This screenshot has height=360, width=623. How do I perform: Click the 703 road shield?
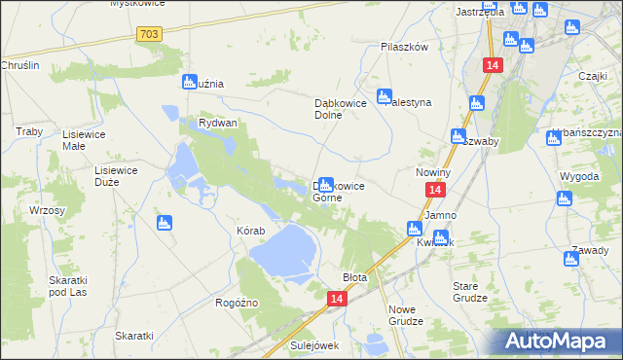click(x=149, y=34)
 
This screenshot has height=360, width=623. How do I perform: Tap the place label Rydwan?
click(x=217, y=124)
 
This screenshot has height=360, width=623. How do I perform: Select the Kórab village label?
click(x=250, y=231)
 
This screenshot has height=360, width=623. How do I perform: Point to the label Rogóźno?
click(x=237, y=303)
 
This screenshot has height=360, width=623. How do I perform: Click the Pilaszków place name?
click(x=404, y=46)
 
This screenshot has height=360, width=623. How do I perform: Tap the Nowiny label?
click(x=431, y=172)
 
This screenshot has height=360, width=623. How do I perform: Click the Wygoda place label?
click(x=579, y=176)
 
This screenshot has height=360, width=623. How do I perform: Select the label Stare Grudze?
click(x=472, y=292)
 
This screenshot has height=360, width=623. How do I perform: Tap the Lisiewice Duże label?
click(x=114, y=175)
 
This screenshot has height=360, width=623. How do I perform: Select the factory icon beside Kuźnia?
click(x=190, y=83)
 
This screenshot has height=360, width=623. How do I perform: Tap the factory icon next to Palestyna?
click(x=384, y=96)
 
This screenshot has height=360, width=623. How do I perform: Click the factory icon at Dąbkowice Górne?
click(x=326, y=183)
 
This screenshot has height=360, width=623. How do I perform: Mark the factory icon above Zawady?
click(x=571, y=259)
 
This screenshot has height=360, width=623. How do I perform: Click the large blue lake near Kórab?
click(x=282, y=250)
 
